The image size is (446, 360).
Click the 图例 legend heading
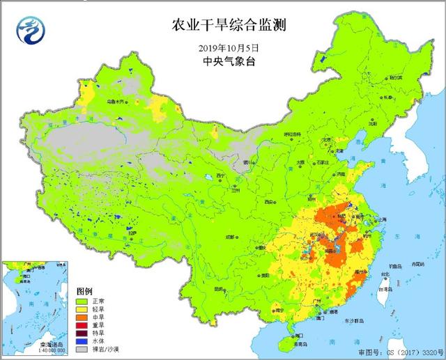tap(86, 291)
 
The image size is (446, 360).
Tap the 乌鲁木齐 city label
tap(116, 102)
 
